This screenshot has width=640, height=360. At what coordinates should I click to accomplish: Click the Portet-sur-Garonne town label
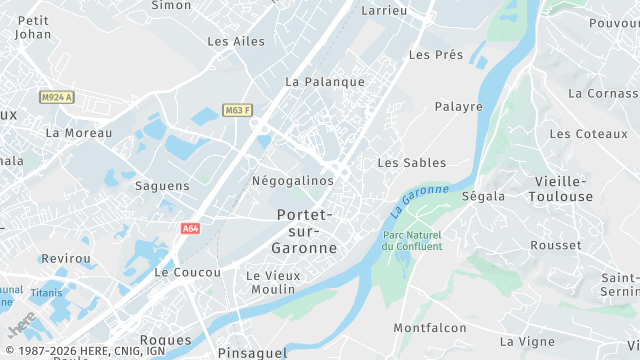[305, 231]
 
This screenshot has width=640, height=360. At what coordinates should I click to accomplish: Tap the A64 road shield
[191, 229]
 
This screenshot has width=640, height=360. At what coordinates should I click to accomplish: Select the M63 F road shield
[237, 110]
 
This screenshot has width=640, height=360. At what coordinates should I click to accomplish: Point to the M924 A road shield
[57, 97]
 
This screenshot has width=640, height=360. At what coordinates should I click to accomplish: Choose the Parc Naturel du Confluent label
[413, 241]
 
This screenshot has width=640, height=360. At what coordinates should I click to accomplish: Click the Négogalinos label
[292, 180]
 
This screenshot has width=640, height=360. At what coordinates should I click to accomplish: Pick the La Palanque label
[325, 81]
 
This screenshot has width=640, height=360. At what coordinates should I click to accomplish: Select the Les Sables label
[411, 162]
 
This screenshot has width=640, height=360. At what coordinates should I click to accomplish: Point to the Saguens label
[161, 186]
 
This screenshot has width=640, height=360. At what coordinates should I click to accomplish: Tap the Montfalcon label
[430, 328]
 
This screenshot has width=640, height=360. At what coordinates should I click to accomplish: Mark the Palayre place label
[458, 106]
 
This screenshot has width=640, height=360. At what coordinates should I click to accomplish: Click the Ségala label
[483, 196]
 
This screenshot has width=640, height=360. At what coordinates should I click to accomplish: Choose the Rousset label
[556, 245]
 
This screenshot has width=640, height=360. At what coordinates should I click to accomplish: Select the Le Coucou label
[187, 272]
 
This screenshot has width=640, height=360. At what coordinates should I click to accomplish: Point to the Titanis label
[46, 293]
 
